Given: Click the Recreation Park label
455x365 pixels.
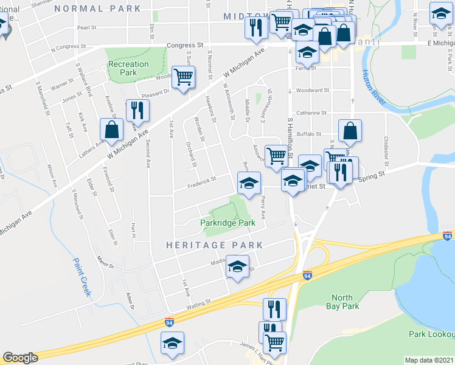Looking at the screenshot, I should point(128,68).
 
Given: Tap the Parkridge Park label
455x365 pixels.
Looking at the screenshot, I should point(227,223).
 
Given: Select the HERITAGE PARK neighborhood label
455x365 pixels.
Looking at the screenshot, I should point(215,245).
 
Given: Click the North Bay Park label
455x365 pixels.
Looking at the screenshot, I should point(342,302).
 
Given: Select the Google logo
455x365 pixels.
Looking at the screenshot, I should point(20,358).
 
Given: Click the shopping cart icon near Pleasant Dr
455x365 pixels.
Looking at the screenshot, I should point(183,77).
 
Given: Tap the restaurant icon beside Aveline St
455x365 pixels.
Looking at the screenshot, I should point(137,111).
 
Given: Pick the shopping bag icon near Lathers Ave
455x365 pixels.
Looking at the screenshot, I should point(111,130).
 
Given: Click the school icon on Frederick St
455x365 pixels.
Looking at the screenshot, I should point(248,183).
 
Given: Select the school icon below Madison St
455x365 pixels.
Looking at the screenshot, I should point(237,267).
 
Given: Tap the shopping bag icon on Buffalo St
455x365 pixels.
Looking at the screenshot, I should point(350,130).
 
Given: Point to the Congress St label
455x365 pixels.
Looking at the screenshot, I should point(185,45).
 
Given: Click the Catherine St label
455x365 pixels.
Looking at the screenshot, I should point(312,113).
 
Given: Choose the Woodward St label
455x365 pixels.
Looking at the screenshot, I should point(313,90).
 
